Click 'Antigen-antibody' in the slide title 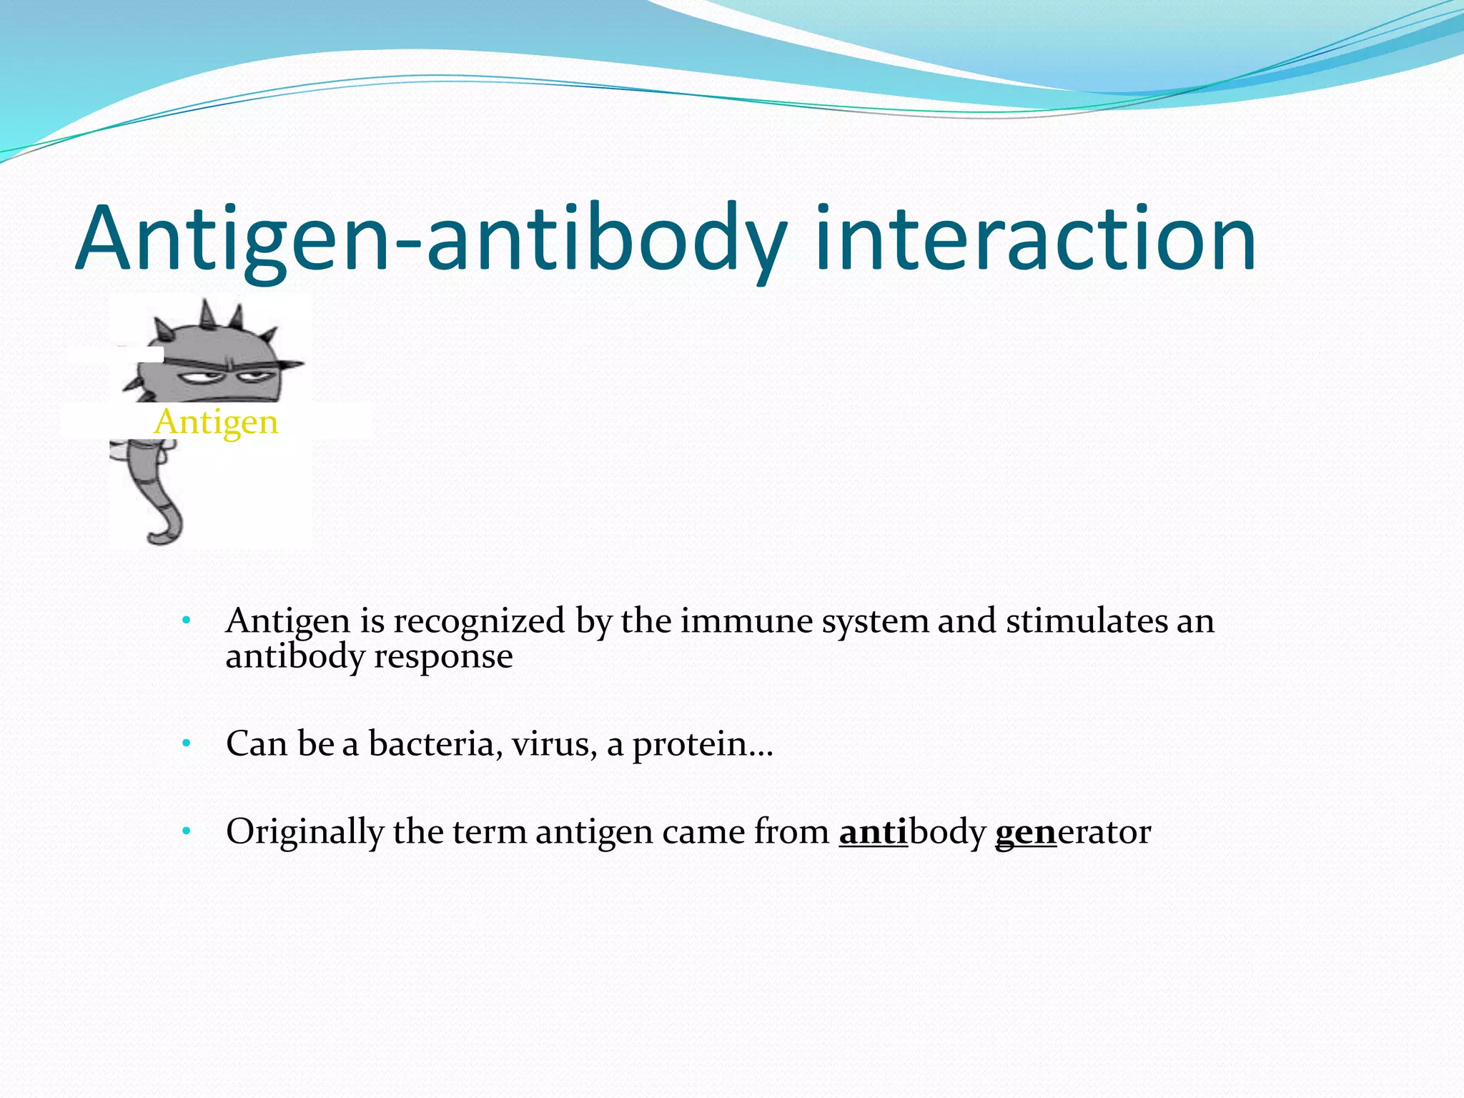coord(431,239)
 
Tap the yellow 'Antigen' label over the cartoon coord(216,422)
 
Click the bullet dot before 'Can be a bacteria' coord(186,743)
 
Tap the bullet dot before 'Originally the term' coord(186,831)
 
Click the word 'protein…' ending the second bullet coord(703,745)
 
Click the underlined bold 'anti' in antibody coord(873,831)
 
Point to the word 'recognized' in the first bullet coord(479,620)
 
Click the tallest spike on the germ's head coord(208,313)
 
